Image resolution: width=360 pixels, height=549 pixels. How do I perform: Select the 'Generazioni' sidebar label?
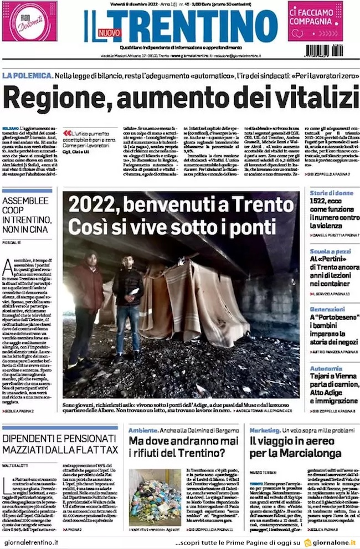[x=327, y=309]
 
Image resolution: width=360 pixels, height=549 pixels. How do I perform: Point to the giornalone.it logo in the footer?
[x=331, y=542]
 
